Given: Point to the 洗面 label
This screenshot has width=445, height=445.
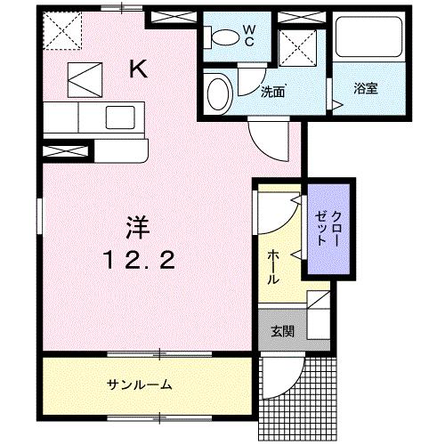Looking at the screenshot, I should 271,90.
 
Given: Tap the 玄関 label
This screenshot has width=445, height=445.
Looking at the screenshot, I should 282,332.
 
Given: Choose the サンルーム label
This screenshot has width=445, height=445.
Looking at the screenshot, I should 140,384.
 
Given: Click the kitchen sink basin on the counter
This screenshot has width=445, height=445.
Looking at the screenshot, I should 118,115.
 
